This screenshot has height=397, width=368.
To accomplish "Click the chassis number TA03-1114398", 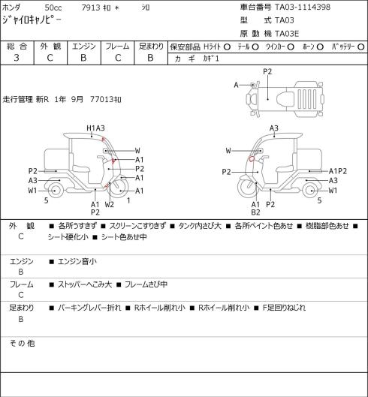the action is coord(303,7).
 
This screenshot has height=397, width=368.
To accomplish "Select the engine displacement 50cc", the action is coord(53,8).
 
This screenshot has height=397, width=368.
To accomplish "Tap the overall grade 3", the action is coord(17,58).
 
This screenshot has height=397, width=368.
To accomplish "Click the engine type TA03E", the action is coord(287,34).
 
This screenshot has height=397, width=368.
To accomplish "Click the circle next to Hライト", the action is coord(227,47).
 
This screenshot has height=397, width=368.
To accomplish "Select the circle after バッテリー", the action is coord(361,47).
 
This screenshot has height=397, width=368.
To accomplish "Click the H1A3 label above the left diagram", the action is coord(95,128).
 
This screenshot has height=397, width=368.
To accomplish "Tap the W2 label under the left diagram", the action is coord(110,204).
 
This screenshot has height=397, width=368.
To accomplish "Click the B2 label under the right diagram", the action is coord(256,212).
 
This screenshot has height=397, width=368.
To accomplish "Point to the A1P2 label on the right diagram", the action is coord(338,171).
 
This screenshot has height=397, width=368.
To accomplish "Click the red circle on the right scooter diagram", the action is coord(251,159).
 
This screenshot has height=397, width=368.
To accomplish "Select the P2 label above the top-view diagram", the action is coord(267,71).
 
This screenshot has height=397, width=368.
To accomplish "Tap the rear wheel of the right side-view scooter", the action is coord(312,191).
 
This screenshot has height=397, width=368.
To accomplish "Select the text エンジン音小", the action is coord(77,262).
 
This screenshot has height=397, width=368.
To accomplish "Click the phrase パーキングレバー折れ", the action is coord(89,308).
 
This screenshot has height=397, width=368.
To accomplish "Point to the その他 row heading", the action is coord(22,343).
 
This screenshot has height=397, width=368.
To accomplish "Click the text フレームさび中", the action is coord(146,284).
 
